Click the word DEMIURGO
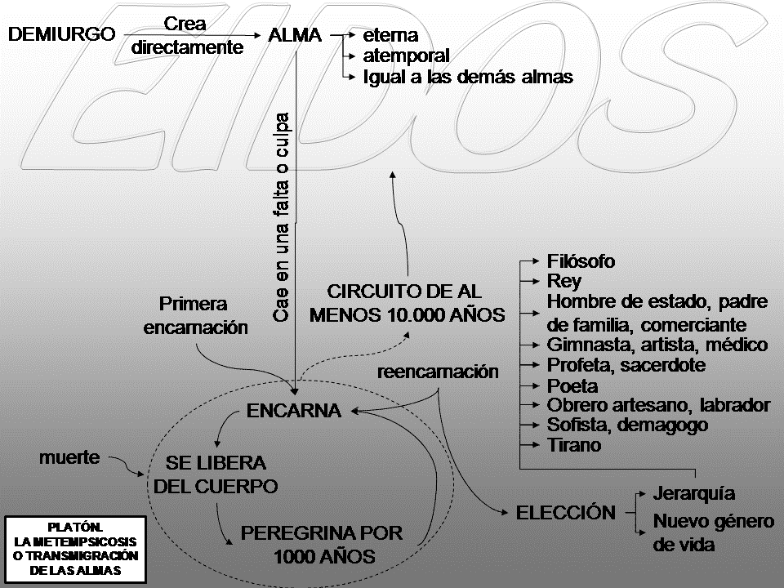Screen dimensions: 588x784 (60, 35)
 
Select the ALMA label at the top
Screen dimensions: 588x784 (295, 35)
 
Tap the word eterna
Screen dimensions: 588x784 (391, 36)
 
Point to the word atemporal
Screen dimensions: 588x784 (407, 56)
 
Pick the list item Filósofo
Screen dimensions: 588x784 (581, 261)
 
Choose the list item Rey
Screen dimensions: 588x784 (563, 282)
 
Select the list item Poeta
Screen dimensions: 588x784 (572, 385)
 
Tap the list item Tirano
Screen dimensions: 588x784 (574, 445)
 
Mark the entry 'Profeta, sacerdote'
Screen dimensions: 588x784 (626, 364)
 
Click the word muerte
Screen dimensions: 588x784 (69, 457)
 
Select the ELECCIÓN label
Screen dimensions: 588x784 (566, 513)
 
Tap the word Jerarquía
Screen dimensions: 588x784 (694, 493)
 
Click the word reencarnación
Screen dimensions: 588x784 (439, 372)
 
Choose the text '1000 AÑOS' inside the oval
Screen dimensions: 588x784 (324, 557)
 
